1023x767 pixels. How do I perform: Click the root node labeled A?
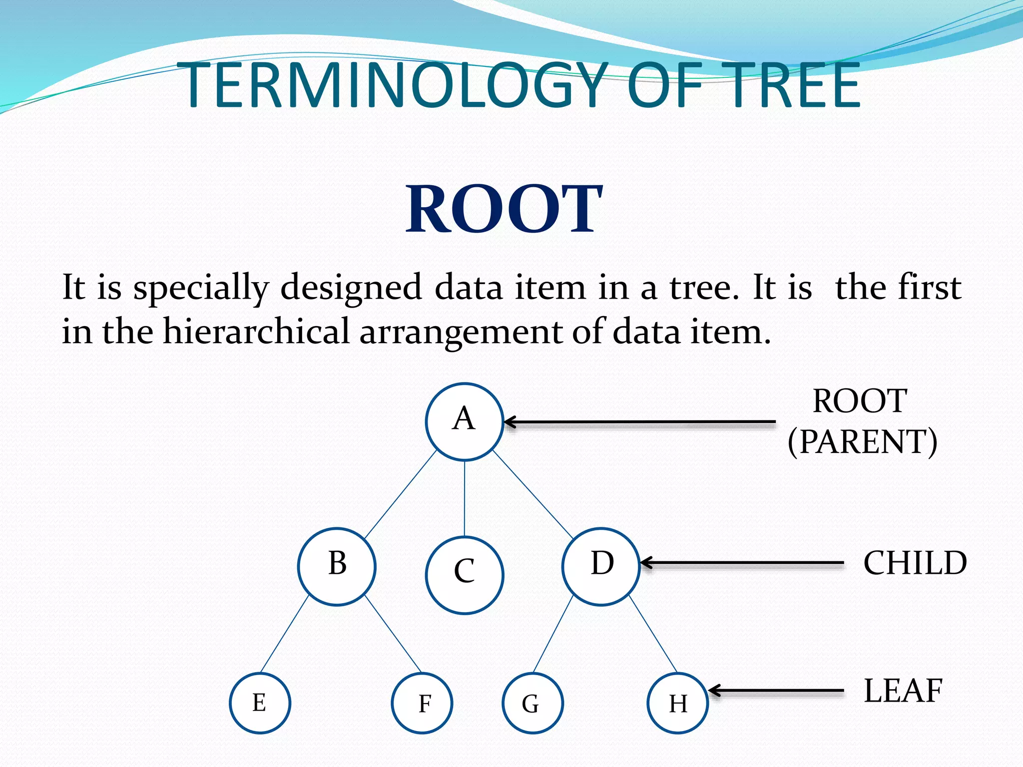point(464,421)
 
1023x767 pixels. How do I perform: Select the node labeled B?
point(337,566)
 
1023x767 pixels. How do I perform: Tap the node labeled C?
point(465,575)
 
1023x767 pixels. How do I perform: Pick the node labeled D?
point(601,566)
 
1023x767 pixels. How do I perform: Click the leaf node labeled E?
point(260,703)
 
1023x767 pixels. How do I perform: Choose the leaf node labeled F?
point(422,703)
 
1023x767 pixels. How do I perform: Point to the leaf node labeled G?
point(532,703)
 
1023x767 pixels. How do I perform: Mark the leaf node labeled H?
point(678,703)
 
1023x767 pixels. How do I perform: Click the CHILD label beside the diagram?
point(915,563)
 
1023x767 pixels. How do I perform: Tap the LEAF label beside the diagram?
point(903,691)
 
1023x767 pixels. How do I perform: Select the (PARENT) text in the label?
point(862,442)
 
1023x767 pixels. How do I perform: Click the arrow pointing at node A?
point(639,422)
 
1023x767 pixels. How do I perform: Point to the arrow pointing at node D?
point(742,563)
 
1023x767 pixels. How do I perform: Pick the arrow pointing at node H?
point(777,691)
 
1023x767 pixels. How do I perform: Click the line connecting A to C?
point(465,498)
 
